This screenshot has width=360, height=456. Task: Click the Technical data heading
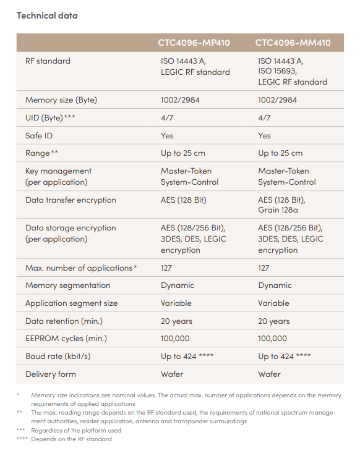[x=47, y=15]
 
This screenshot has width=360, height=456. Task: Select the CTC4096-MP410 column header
[x=194, y=43]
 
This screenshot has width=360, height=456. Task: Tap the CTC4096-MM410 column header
[x=293, y=43]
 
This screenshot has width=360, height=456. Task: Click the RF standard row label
[x=48, y=61]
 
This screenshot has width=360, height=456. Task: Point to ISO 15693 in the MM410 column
[x=277, y=71]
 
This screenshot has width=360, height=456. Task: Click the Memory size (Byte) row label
[x=61, y=100]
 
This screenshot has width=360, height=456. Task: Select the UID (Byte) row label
[x=50, y=118]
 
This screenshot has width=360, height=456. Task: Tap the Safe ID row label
[x=39, y=135]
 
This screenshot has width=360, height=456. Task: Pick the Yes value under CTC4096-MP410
[x=167, y=135]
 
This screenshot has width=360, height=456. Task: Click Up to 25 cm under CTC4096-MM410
[x=280, y=153]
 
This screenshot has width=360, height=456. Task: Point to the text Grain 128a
[x=278, y=210]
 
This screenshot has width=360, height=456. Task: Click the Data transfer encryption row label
[x=71, y=200]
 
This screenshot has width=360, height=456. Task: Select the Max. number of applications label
[x=81, y=268]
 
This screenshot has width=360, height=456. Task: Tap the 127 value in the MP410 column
[x=166, y=268]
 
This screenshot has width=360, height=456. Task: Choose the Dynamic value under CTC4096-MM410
[x=275, y=285]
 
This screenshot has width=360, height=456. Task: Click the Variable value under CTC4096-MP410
[x=176, y=303]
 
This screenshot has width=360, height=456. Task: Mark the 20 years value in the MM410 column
[x=274, y=321]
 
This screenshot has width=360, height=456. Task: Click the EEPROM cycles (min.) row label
[x=66, y=339]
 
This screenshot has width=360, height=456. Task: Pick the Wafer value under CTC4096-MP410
[x=172, y=374]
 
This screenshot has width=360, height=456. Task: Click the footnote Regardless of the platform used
[x=76, y=431]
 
